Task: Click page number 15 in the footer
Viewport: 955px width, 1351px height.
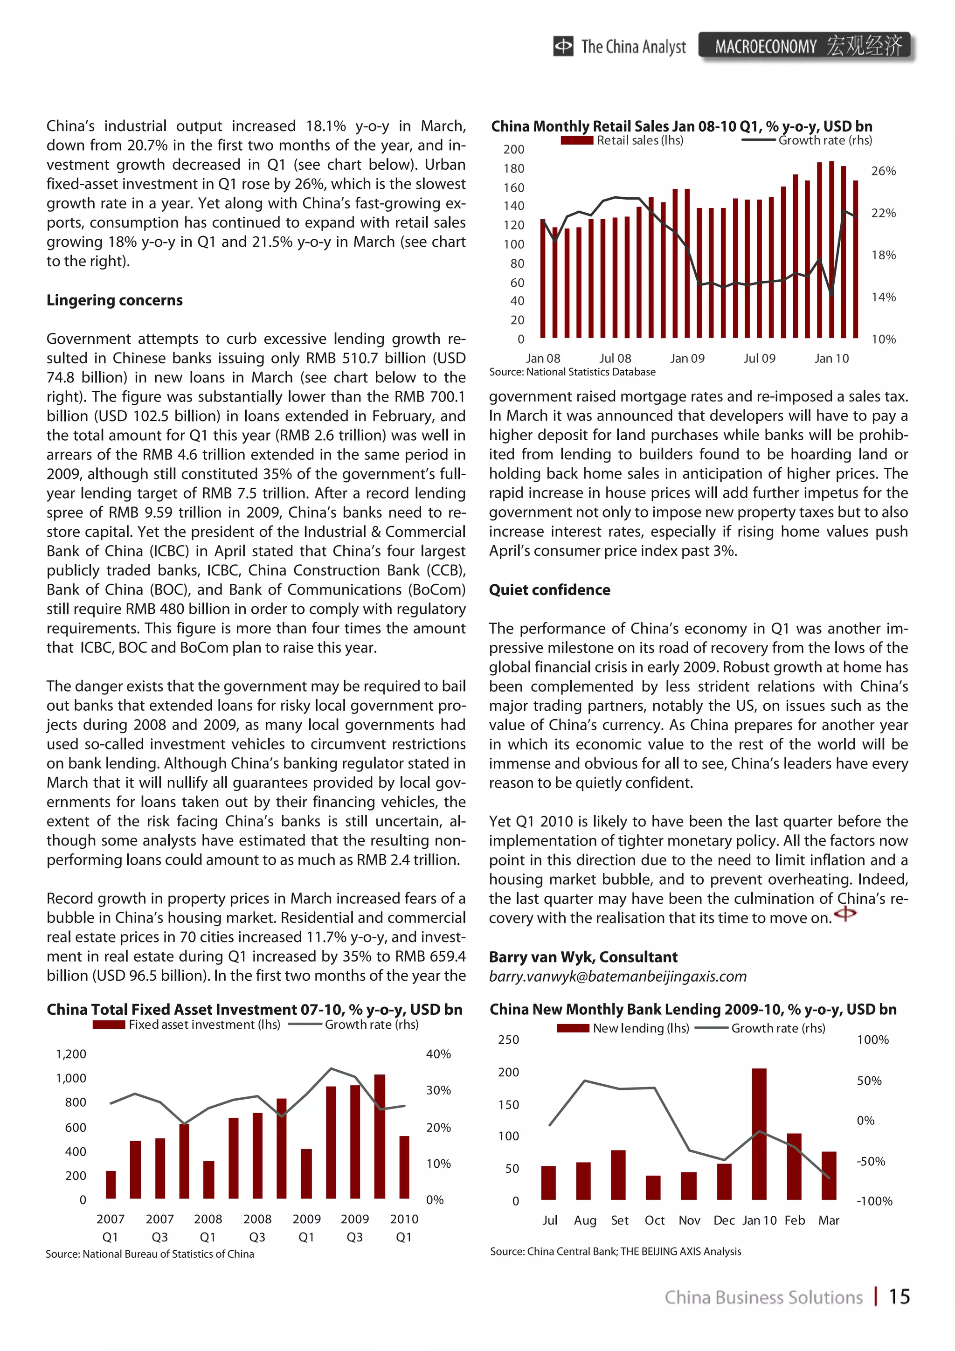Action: point(899,1296)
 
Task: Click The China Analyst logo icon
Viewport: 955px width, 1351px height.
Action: point(562,46)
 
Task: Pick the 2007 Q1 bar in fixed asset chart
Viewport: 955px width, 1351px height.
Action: point(111,1185)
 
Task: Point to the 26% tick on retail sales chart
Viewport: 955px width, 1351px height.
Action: point(883,171)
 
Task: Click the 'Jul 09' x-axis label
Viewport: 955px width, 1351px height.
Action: point(759,358)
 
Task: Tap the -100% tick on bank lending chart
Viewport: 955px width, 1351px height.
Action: point(874,1201)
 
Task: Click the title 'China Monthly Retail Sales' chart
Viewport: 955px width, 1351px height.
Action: point(681,126)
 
